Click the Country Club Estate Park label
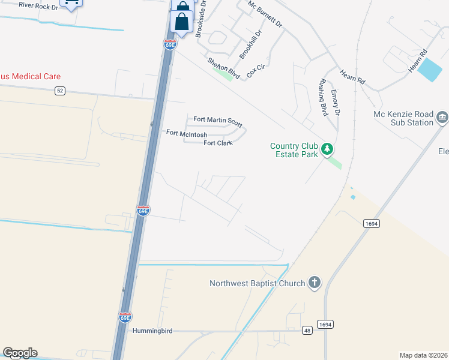tap(294, 150)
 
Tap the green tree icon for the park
tap(327, 148)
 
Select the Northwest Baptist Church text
tap(258, 283)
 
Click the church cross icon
tap(315, 283)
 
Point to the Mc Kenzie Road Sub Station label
tap(403, 118)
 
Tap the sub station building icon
tap(442, 117)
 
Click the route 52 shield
tap(59, 91)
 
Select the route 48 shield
tap(308, 330)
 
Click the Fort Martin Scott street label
tap(218, 122)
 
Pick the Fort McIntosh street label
tap(187, 134)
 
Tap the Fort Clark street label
tap(218, 143)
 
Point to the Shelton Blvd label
tap(224, 68)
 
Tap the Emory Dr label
tap(336, 103)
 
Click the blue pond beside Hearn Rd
tap(430, 70)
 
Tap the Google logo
tap(20, 353)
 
